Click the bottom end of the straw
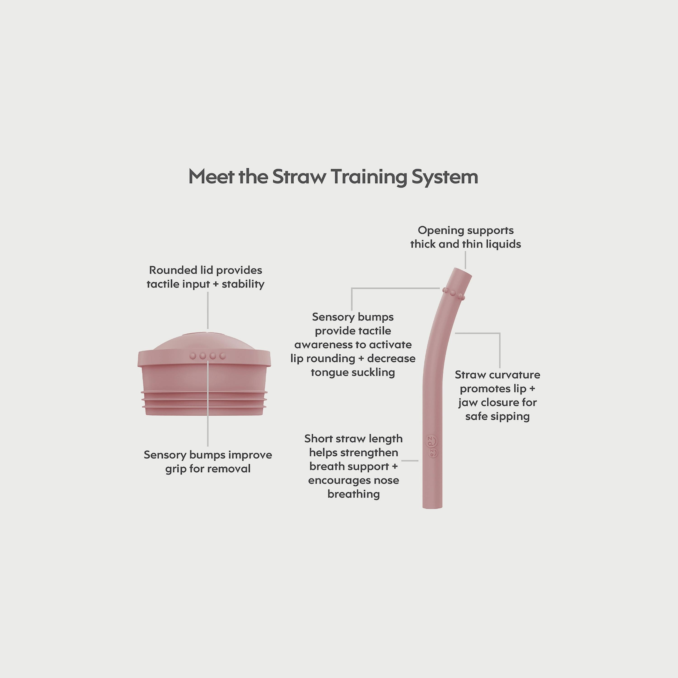[x=432, y=506]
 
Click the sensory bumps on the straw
[x=453, y=293]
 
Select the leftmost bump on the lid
[x=193, y=356]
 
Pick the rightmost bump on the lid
[x=222, y=356]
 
